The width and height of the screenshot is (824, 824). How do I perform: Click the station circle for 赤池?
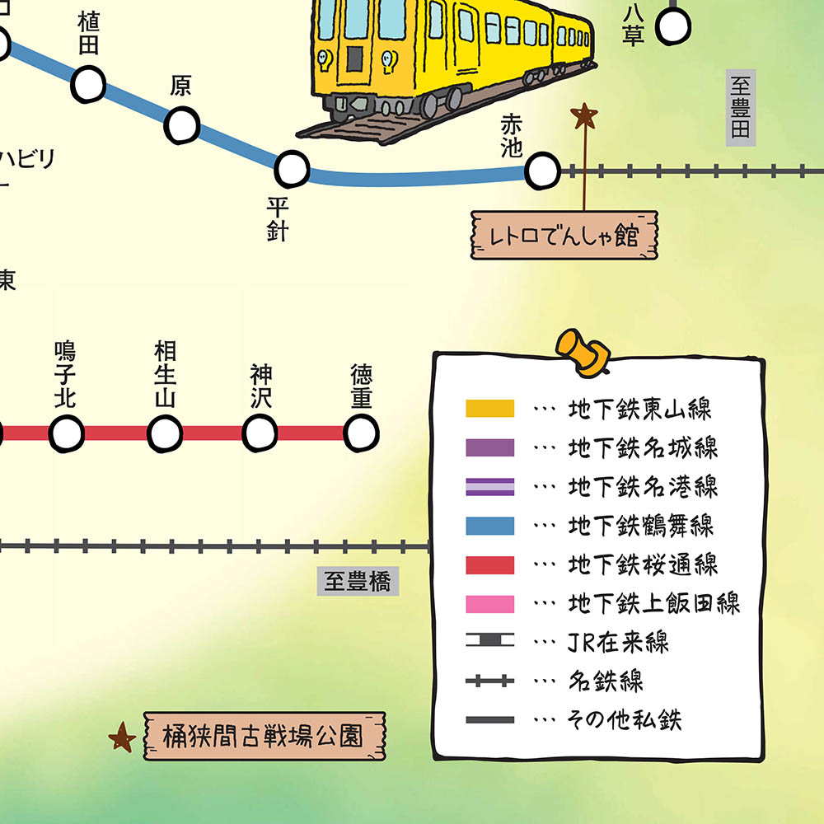(541, 171)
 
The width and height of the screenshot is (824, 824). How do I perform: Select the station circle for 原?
(182, 124)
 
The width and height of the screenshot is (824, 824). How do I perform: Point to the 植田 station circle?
(89, 82)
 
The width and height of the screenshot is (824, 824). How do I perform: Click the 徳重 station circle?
(361, 433)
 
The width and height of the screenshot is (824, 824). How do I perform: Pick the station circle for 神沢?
(260, 433)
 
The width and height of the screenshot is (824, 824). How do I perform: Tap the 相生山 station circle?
(165, 433)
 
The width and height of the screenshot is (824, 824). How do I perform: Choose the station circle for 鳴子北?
(67, 433)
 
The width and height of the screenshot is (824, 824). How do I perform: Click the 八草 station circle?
(672, 28)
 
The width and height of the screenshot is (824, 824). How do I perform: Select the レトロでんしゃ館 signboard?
(564, 236)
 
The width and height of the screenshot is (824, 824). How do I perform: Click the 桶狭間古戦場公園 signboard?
(265, 736)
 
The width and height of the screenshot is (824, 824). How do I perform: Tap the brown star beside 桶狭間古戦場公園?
(123, 737)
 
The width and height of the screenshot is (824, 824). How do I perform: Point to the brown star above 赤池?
(584, 115)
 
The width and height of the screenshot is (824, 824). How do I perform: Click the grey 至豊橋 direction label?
(357, 582)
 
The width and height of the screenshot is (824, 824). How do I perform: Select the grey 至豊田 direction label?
(741, 108)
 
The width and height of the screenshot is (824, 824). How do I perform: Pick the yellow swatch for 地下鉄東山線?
(489, 409)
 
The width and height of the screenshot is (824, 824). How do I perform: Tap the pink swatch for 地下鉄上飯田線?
(489, 604)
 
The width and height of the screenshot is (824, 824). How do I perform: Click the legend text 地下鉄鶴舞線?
(640, 525)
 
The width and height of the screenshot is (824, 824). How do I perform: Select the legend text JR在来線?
(618, 643)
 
